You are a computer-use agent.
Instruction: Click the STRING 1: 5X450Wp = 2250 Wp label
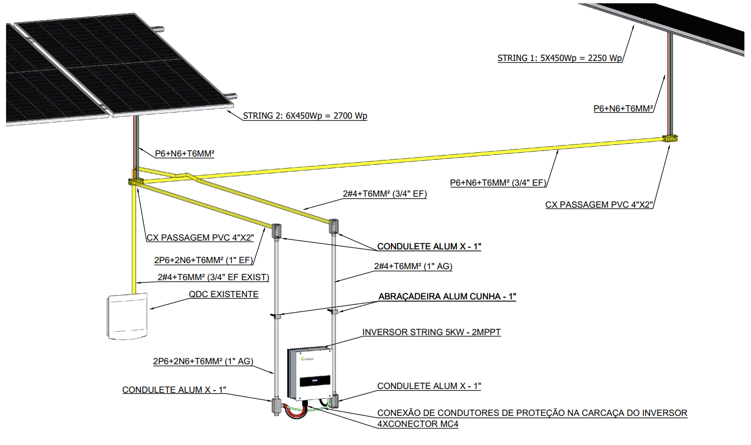[x=559, y=58]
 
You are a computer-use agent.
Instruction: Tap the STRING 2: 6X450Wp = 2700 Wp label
[x=305, y=116]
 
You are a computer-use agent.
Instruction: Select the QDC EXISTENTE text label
[x=223, y=294]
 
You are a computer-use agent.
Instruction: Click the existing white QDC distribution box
[x=127, y=316]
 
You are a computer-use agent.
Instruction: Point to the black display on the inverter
[x=315, y=381]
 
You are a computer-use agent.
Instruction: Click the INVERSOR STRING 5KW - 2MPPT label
[x=431, y=332]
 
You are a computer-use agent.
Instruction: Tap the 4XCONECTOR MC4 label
[x=418, y=424]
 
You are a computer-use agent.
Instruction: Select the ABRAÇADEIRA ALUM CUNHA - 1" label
[x=447, y=296]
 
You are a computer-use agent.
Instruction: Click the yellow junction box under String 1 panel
[x=670, y=138]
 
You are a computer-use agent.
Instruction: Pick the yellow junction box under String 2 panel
[x=136, y=181]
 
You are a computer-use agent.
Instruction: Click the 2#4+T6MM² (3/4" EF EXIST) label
[x=214, y=277]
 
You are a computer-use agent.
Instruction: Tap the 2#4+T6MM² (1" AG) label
[x=413, y=266]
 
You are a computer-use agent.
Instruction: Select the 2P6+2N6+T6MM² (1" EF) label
[x=204, y=260]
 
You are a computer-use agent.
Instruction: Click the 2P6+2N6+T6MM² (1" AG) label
[x=203, y=361]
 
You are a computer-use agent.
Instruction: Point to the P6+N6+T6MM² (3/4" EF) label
[x=498, y=182]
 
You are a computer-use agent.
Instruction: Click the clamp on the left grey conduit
[x=276, y=315]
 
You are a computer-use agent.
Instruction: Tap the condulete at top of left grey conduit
[x=276, y=231]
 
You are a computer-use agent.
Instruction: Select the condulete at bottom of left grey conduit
[x=276, y=406]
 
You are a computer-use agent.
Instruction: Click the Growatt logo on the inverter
[x=307, y=359]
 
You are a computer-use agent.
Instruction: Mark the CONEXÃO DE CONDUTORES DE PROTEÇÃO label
[x=533, y=413]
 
